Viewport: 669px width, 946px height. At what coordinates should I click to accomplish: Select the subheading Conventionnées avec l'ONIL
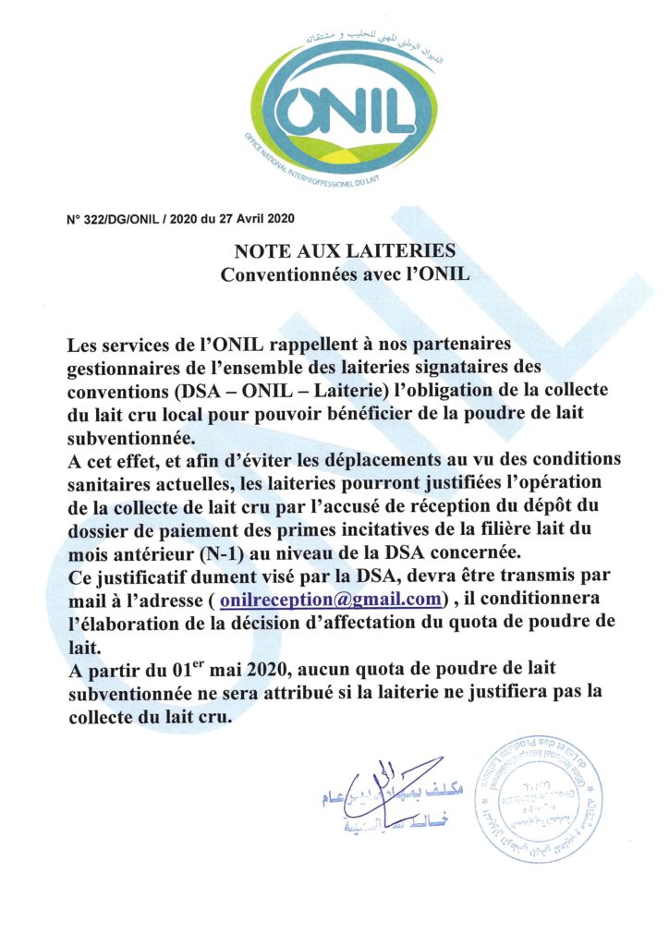point(345,274)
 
